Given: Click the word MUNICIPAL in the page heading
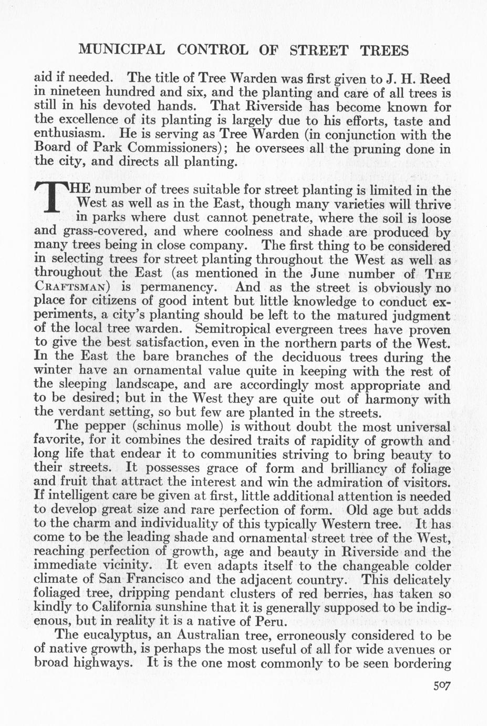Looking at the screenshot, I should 121,51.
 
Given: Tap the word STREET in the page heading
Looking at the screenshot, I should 319,51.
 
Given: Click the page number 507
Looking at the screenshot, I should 442,686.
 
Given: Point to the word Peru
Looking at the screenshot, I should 270,622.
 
